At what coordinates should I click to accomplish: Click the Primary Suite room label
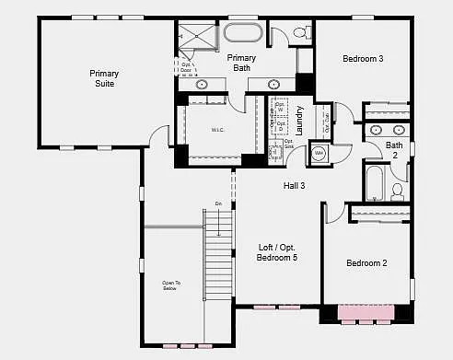point(104,78)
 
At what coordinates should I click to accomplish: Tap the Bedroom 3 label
point(363,59)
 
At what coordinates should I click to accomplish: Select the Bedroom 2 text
point(366,263)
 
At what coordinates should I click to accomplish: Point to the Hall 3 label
point(294,187)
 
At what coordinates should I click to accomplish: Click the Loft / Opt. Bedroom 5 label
point(277,252)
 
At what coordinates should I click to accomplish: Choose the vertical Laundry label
point(299,119)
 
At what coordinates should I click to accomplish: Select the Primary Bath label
point(241,63)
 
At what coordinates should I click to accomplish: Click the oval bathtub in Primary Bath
point(243,35)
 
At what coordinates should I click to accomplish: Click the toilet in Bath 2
point(398,192)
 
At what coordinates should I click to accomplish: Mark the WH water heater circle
point(319,153)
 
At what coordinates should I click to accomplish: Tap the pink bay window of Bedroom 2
point(366,312)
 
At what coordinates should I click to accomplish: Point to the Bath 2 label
point(394,150)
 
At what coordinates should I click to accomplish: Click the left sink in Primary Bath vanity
point(202,85)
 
